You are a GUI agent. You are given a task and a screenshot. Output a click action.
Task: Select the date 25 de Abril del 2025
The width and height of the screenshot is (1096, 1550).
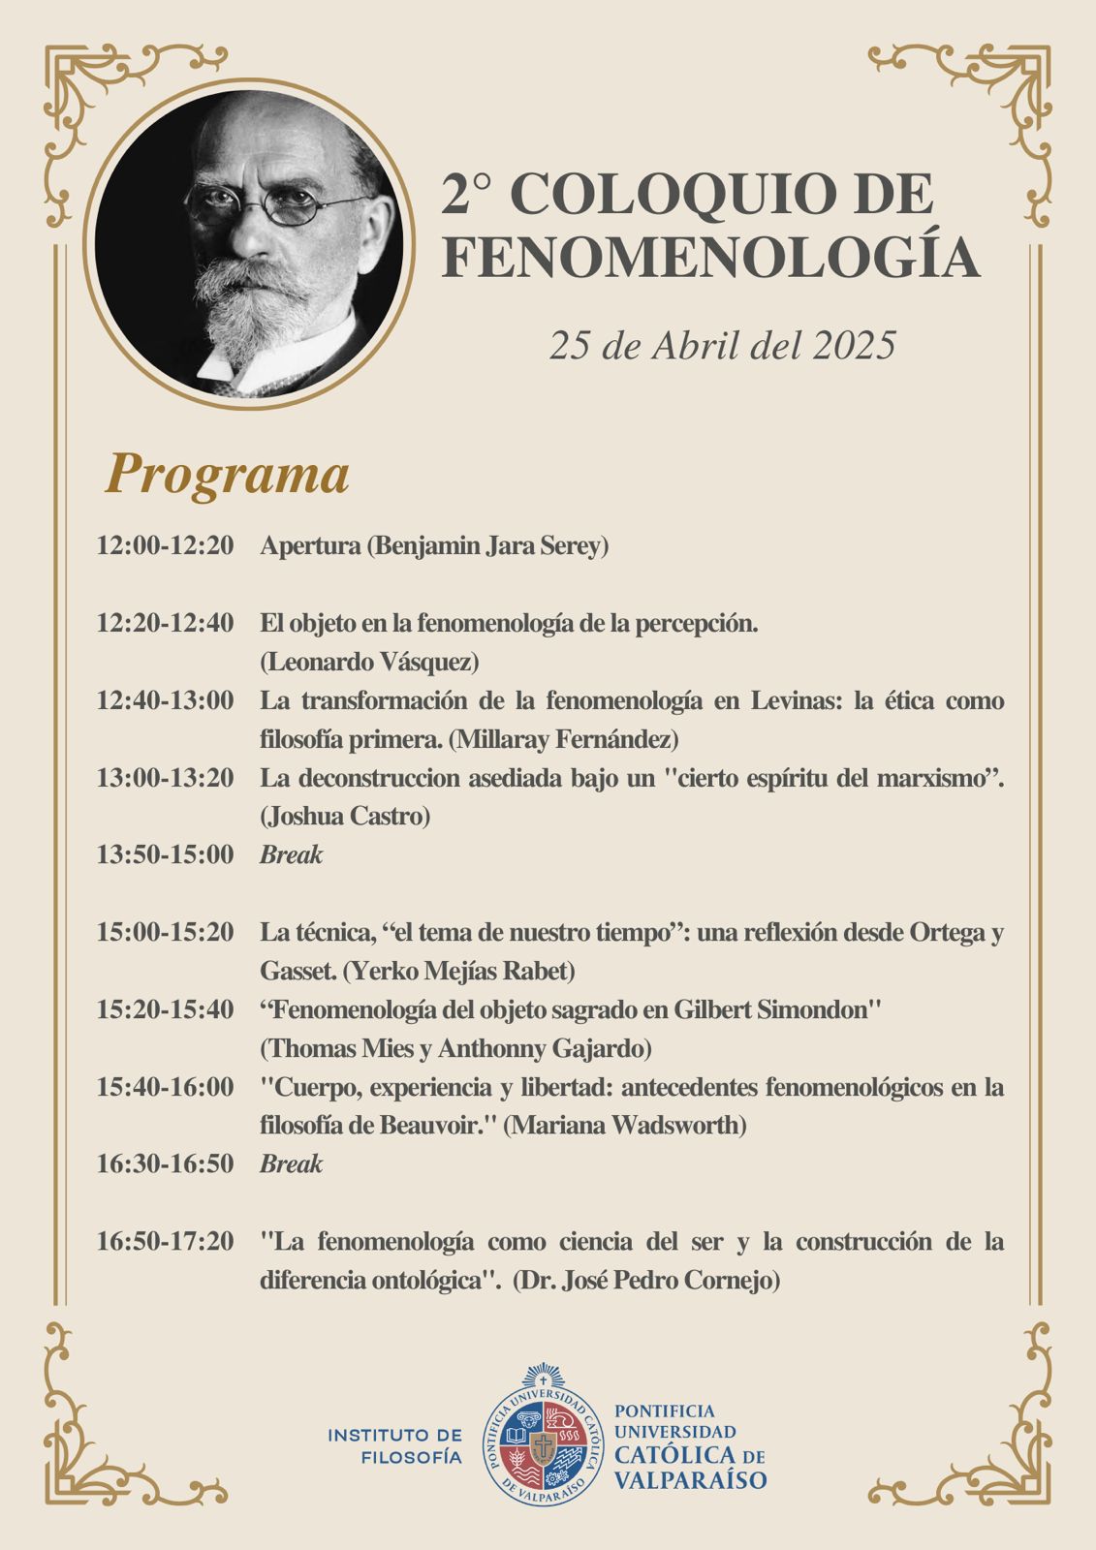pos(722,345)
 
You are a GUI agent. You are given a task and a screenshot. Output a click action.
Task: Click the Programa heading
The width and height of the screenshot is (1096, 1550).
pos(227,475)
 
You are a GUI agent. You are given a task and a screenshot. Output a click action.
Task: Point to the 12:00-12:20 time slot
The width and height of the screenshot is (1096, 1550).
pos(165,545)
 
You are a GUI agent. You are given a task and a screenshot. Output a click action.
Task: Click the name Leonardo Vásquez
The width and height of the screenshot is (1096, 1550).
pos(369,662)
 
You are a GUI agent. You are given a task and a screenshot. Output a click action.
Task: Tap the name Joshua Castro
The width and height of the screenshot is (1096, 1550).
pos(345,816)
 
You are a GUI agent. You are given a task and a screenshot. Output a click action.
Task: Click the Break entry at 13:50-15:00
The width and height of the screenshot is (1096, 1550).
pos(291,854)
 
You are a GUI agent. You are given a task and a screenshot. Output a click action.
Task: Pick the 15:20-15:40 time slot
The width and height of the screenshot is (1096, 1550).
pos(165,1009)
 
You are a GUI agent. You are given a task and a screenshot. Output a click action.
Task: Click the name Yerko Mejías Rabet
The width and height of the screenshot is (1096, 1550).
pos(459,971)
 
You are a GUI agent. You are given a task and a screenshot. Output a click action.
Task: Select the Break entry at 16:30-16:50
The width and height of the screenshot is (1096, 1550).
pos(291,1163)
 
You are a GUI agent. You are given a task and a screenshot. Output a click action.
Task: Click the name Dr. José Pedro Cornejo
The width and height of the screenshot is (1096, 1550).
pos(646,1280)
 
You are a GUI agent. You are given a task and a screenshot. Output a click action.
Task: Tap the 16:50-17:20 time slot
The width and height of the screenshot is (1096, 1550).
pos(165,1241)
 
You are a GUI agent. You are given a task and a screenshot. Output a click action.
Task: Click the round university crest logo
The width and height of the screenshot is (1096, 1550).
pos(544,1435)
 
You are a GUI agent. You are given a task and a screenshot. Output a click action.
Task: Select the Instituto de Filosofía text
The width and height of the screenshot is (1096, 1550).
pos(394,1444)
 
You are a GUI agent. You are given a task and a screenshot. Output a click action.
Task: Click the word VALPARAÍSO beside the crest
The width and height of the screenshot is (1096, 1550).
pos(690,1479)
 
